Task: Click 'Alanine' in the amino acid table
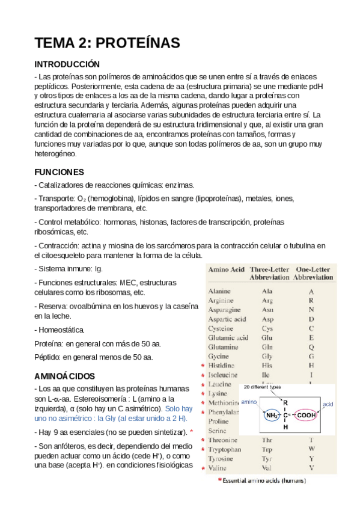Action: (x=220, y=291)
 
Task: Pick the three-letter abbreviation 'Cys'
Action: (x=267, y=328)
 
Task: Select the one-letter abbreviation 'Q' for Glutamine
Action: (x=311, y=347)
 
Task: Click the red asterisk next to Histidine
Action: (x=203, y=366)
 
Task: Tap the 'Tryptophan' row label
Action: (x=225, y=449)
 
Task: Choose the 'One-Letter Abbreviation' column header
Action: (x=313, y=274)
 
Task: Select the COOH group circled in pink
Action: (x=307, y=414)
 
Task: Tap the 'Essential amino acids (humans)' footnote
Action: (x=262, y=481)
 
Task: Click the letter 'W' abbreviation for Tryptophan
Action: (x=311, y=449)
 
